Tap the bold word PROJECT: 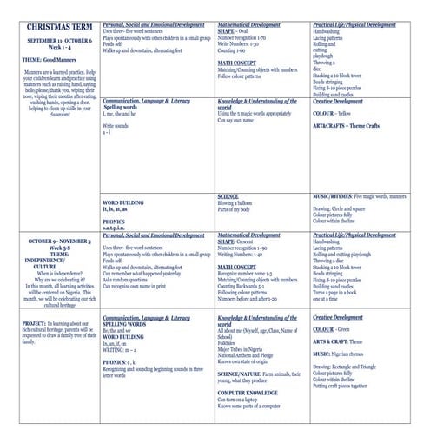(35, 322)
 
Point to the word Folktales (231, 343)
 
